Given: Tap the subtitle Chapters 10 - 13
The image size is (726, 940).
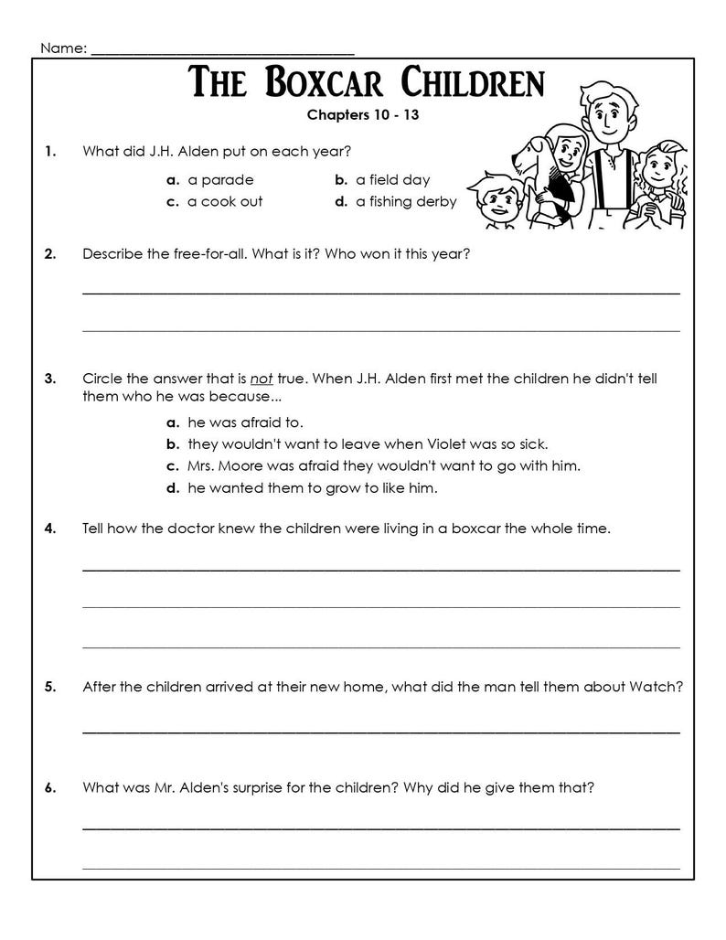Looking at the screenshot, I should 363,115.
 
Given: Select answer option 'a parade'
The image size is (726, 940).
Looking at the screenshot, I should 219,180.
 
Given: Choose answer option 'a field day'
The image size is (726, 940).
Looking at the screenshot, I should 392,180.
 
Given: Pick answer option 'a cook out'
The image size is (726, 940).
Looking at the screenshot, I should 224,202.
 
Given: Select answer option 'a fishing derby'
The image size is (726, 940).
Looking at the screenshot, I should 405,202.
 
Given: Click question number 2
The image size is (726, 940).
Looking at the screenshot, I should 49,254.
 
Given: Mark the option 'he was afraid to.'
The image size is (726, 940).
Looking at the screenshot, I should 244,422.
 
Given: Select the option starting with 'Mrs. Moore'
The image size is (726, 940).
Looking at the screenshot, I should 383,466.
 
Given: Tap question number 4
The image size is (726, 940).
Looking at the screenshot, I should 49,529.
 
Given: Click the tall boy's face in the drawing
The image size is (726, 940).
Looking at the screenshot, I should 605,114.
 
